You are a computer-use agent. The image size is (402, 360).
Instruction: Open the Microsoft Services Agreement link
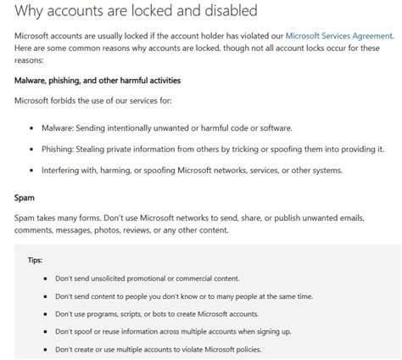point(338,37)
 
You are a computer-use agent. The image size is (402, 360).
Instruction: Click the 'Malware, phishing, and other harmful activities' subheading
point(98,80)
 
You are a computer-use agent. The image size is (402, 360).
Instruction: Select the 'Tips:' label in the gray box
point(34,260)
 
